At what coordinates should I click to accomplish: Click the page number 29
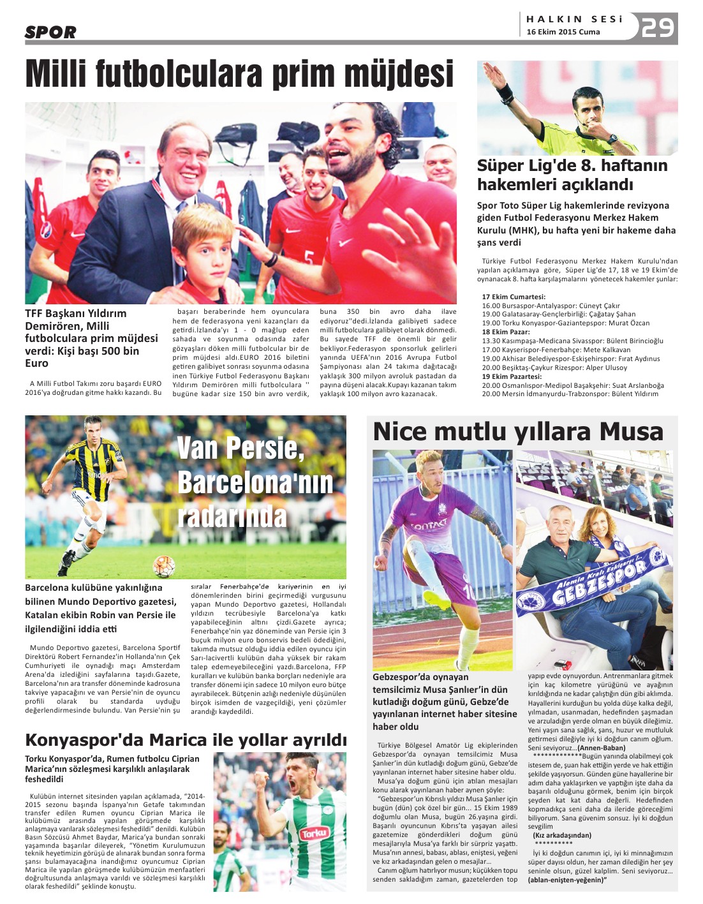(x=658, y=27)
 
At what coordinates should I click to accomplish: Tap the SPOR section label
(x=50, y=32)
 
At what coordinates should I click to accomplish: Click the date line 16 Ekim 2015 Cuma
(x=563, y=32)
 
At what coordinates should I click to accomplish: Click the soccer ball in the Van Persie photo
(x=163, y=565)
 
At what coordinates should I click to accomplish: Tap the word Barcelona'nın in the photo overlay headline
(x=255, y=482)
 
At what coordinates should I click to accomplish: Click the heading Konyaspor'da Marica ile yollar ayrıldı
(x=186, y=740)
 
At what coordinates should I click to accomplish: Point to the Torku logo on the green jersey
(x=314, y=833)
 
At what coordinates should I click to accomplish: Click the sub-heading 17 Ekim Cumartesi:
(x=514, y=297)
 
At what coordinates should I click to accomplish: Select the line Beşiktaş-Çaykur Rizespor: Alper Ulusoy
(x=554, y=367)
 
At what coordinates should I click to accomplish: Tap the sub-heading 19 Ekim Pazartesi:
(x=512, y=376)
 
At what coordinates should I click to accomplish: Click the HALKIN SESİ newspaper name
(x=574, y=19)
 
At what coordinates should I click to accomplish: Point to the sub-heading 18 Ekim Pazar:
(x=506, y=332)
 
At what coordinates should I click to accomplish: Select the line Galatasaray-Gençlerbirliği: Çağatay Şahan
(x=559, y=314)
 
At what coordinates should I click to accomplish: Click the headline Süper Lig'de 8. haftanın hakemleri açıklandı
(x=572, y=175)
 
